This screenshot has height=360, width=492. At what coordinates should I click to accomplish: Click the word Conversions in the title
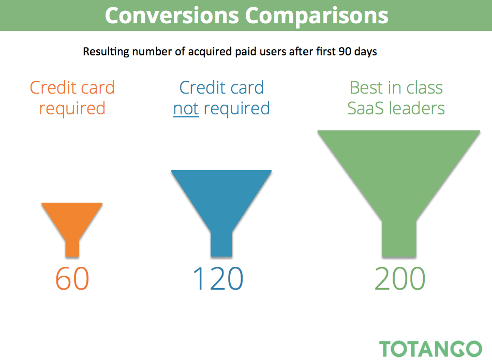(x=172, y=16)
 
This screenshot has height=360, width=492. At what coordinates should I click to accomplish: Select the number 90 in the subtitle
(x=345, y=51)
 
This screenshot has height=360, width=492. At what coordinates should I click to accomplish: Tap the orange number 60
(x=72, y=278)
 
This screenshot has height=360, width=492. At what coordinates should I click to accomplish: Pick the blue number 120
(x=218, y=278)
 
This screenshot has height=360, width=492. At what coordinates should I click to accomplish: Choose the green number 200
(x=400, y=278)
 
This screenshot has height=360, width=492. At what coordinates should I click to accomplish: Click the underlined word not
(x=186, y=109)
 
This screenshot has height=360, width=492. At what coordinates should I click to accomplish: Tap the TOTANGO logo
(x=430, y=349)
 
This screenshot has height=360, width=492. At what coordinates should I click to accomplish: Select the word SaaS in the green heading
(x=366, y=108)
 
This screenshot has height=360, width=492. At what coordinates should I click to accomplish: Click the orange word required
(x=72, y=109)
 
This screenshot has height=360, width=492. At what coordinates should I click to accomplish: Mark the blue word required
(x=236, y=109)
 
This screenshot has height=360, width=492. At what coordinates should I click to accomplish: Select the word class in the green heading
(x=425, y=88)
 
